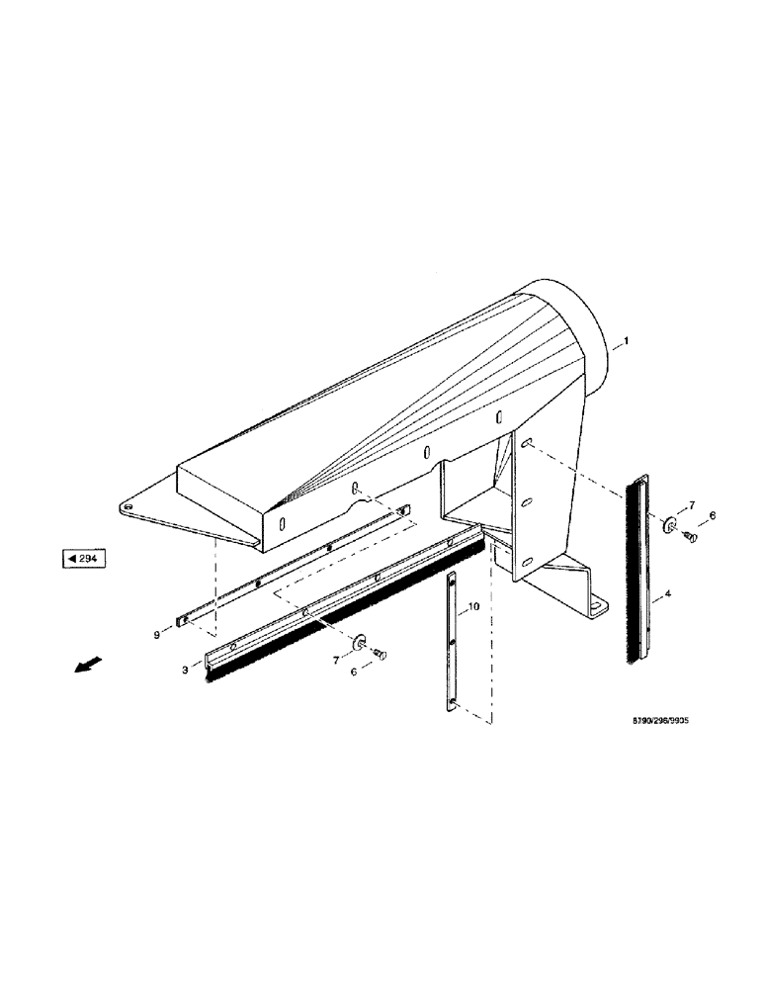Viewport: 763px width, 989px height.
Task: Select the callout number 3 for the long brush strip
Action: pos(184,672)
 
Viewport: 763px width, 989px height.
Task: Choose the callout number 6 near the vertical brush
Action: pos(712,516)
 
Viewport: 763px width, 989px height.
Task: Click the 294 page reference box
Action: pos(84,560)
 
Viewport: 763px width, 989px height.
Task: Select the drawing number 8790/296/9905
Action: pos(650,723)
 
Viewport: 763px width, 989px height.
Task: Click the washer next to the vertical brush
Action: pos(669,523)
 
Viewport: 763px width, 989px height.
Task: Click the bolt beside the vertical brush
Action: pos(690,536)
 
